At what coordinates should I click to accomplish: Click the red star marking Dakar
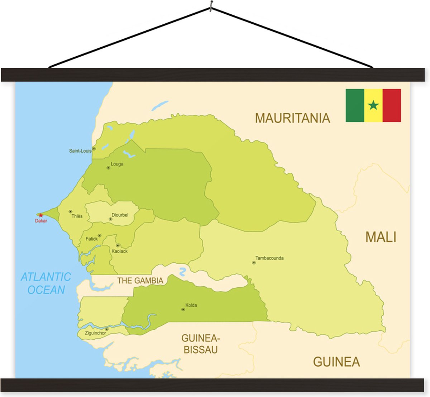(41, 215)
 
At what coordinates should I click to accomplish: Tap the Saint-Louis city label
(80, 151)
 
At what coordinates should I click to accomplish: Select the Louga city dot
(108, 168)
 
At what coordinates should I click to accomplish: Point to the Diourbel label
(120, 215)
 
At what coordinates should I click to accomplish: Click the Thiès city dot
(70, 211)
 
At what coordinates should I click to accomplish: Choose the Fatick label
(91, 239)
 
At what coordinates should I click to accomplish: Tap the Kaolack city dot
(118, 245)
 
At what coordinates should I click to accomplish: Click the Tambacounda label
(269, 258)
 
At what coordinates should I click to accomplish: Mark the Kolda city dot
(183, 309)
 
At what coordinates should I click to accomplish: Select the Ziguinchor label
(95, 333)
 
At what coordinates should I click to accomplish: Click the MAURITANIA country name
(292, 118)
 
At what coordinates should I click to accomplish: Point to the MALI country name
(381, 237)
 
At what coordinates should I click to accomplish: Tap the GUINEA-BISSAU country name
(201, 344)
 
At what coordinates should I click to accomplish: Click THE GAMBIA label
(140, 281)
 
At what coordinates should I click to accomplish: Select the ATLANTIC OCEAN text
(46, 283)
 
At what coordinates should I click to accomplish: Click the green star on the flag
(373, 105)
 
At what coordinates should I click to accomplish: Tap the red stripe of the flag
(392, 105)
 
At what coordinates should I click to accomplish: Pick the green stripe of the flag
(355, 105)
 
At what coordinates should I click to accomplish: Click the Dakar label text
(41, 221)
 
